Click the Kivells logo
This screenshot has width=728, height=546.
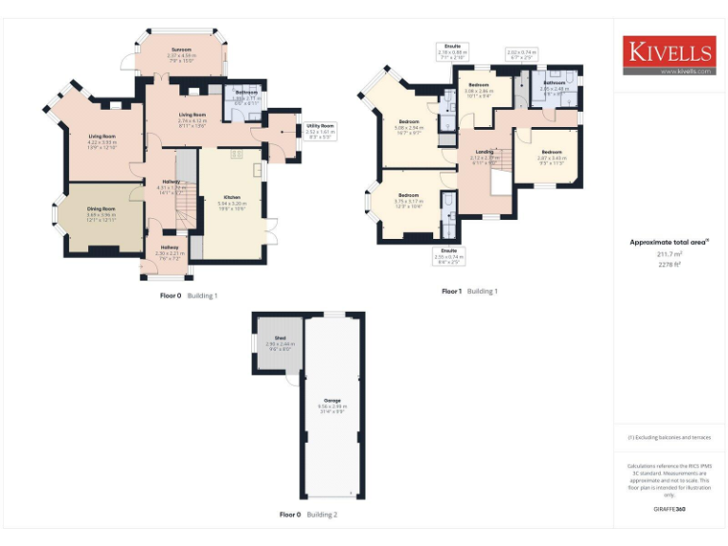pos(668,52)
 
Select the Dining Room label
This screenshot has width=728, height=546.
pos(100,211)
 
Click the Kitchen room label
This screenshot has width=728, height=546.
pos(231,201)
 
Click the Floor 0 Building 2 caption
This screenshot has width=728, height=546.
pos(308,515)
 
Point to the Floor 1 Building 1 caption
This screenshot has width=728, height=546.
pos(469,292)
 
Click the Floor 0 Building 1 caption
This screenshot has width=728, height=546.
pos(189,296)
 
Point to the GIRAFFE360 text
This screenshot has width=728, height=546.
pos(669,510)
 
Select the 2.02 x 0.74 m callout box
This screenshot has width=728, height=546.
pos(522,54)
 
